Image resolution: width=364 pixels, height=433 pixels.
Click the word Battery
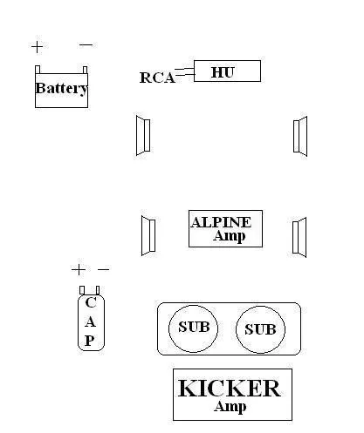tap(61, 89)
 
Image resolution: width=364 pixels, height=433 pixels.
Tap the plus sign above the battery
tap(38, 47)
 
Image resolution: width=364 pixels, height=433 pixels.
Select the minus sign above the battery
tap(86, 44)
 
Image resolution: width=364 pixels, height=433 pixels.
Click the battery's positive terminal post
tap(38, 70)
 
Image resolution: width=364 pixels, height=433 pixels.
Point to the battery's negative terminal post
tap(85, 70)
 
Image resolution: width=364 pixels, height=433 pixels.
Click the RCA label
tap(157, 78)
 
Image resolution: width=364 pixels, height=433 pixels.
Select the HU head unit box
tap(227, 71)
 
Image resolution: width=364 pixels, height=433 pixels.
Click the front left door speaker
tap(143, 135)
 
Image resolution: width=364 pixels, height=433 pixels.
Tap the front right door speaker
tap(300, 136)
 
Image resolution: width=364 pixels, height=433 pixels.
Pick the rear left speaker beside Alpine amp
tap(148, 235)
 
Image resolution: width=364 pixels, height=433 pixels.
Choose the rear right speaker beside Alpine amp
tap(299, 237)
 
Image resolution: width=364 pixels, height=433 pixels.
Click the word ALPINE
tap(221, 222)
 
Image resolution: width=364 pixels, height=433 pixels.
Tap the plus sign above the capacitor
tap(79, 270)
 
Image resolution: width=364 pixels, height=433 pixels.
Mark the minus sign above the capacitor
tap(104, 269)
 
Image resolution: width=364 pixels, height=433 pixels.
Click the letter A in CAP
tap(90, 321)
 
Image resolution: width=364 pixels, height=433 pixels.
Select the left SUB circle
tap(193, 328)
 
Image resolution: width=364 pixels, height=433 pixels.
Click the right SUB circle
tap(260, 329)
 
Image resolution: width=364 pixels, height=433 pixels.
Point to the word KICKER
tap(230, 389)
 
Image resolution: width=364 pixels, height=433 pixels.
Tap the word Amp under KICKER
tap(230, 407)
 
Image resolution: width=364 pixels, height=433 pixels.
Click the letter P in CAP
tap(90, 341)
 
